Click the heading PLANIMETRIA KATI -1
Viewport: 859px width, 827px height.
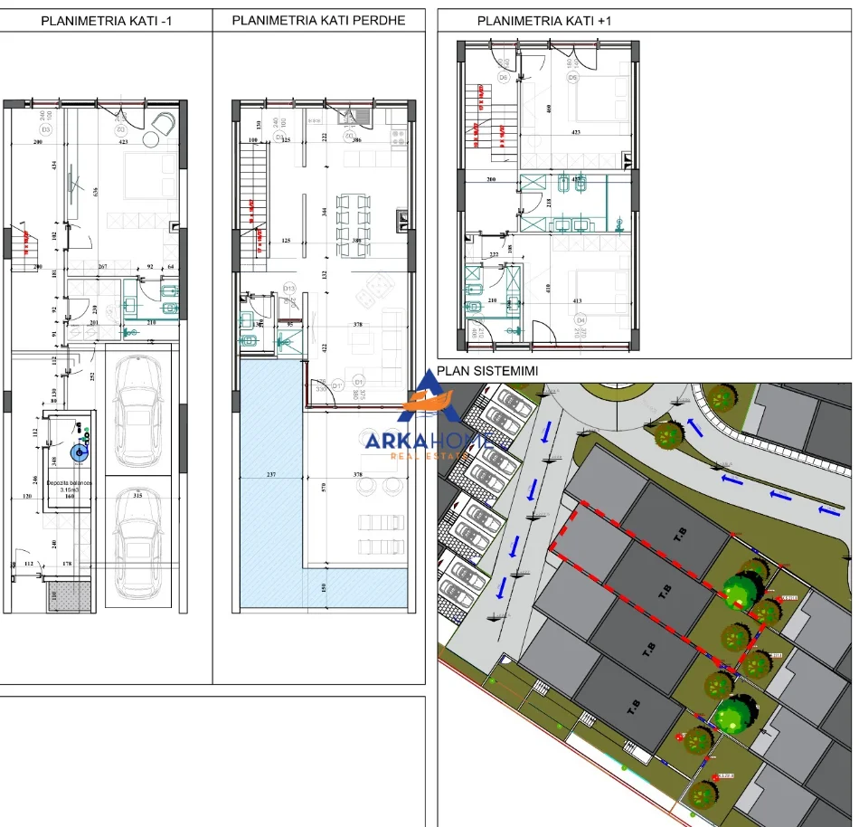click(x=107, y=21)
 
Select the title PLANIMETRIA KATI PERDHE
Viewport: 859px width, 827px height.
click(x=318, y=20)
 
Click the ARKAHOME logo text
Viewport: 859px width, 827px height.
click(x=429, y=441)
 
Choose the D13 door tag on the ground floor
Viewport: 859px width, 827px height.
click(x=289, y=289)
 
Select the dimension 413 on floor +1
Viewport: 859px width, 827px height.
click(x=576, y=301)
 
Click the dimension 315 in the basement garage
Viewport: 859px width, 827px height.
click(x=138, y=496)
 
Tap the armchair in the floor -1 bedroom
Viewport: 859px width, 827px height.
click(x=165, y=122)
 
